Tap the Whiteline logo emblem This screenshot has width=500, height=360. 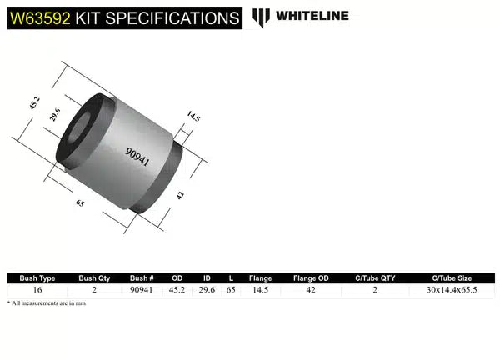tap(262, 16)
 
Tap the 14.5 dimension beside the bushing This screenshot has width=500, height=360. tap(193, 117)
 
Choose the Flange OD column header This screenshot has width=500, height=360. tap(310, 278)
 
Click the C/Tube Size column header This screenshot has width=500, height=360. tap(452, 278)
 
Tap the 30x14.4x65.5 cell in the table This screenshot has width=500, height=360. tap(452, 290)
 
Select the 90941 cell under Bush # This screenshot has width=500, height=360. tap(142, 290)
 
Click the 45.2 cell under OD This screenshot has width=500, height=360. tap(177, 290)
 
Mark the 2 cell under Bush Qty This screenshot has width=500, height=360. tap(94, 290)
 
